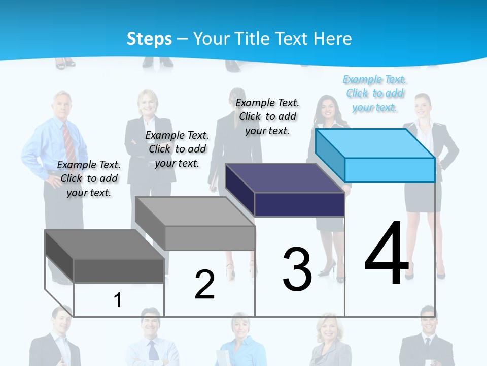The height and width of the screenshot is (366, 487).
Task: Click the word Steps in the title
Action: pyautogui.click(x=149, y=39)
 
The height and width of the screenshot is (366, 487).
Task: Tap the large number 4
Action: pyautogui.click(x=387, y=254)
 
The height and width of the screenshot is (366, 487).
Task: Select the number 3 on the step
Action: pyautogui.click(x=297, y=269)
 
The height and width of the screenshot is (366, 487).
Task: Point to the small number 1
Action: pyautogui.click(x=118, y=300)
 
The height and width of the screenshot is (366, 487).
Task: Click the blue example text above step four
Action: pyautogui.click(x=375, y=93)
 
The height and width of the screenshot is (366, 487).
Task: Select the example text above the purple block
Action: pyautogui.click(x=267, y=116)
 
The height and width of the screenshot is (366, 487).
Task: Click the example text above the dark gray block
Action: pyautogui.click(x=89, y=178)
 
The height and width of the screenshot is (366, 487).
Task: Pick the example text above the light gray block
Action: pyautogui.click(x=177, y=149)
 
